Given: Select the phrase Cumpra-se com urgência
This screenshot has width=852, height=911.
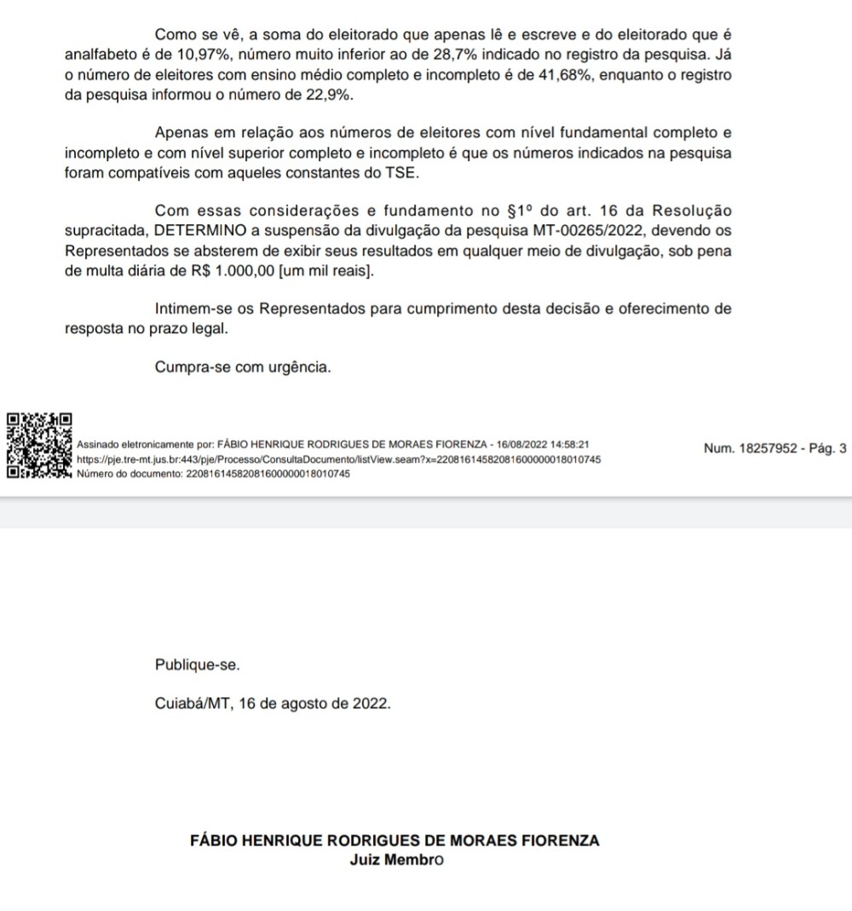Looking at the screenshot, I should pyautogui.click(x=242, y=367).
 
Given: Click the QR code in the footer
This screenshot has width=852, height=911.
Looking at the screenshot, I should pyautogui.click(x=38, y=446).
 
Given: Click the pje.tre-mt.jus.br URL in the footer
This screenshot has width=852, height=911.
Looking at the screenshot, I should pyautogui.click(x=338, y=459).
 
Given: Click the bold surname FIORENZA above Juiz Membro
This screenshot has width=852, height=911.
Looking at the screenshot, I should pyautogui.click(x=560, y=840).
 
